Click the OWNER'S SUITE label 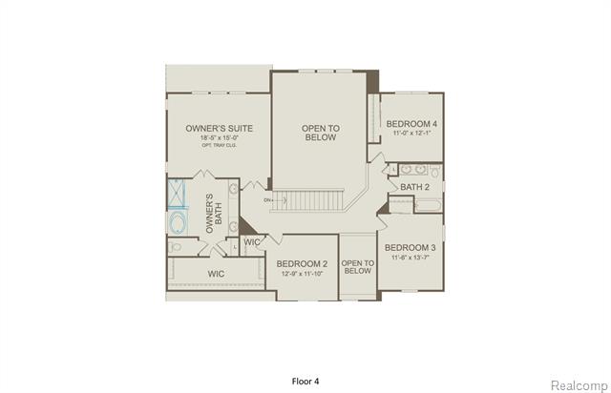tap(217, 127)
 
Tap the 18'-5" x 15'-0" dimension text tap(217, 138)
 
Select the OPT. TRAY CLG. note tap(217, 147)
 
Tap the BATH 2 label tap(415, 187)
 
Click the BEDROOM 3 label tap(411, 246)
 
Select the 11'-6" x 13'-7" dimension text tap(411, 257)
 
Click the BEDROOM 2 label tap(302, 263)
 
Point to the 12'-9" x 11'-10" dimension tap(302, 274)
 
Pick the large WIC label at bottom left tap(218, 274)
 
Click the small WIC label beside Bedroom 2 tap(252, 242)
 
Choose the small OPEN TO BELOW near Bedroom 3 tap(356, 266)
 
